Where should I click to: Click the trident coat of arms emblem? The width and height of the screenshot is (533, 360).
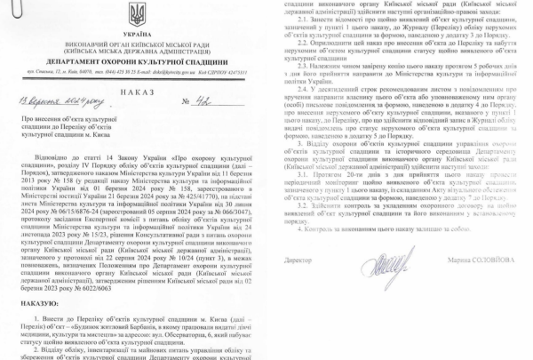136,14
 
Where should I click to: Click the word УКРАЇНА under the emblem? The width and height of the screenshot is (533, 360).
136,31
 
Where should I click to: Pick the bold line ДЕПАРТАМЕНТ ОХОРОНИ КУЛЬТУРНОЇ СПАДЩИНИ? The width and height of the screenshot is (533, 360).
136,59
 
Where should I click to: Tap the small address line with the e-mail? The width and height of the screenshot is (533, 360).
136,69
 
